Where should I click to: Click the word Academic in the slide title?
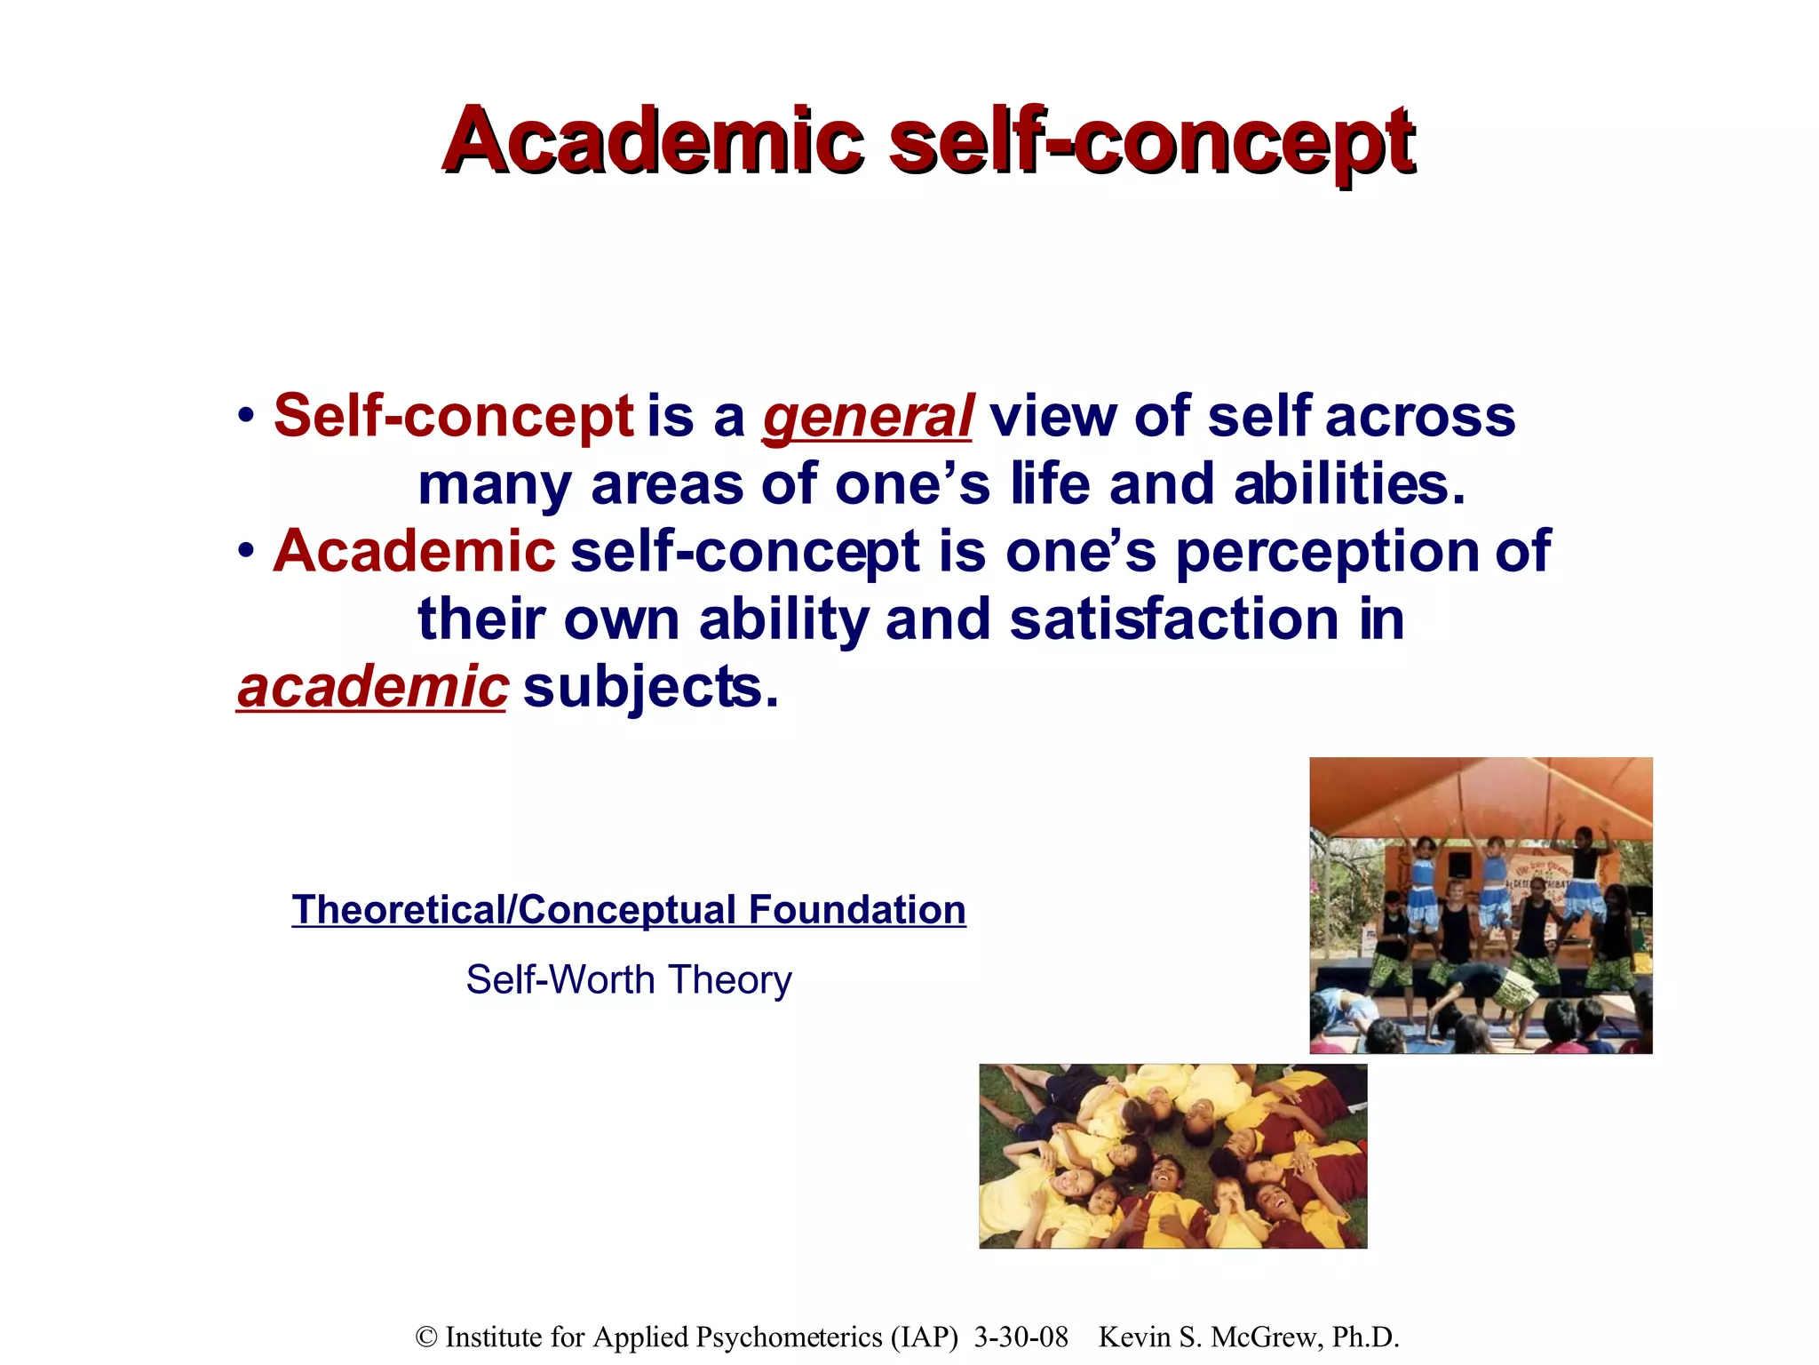[x=653, y=141]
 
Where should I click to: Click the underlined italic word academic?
[x=372, y=687]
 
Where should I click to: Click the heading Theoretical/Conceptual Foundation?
[x=629, y=910]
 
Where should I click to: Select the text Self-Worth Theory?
[x=629, y=979]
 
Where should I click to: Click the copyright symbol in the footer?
[x=426, y=1337]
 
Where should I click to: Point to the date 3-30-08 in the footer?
[x=1021, y=1337]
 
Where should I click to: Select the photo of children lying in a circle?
[x=1172, y=1156]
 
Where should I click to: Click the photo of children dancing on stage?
[x=1481, y=905]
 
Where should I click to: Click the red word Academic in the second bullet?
[x=414, y=553]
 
